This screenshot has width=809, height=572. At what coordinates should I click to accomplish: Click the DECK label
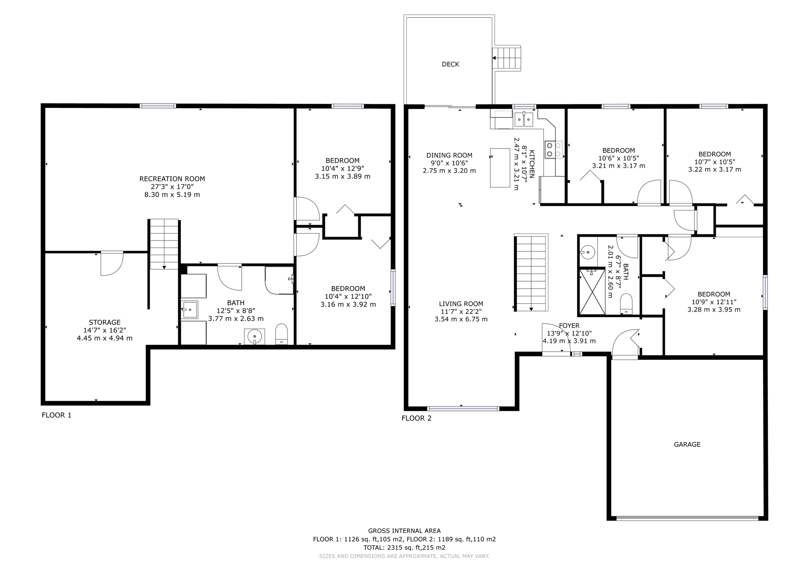[450, 64]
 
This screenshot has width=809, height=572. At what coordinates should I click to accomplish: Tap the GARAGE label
[687, 444]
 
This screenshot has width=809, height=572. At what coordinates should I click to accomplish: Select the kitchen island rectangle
[500, 167]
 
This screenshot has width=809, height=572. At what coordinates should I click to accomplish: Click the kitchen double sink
[524, 119]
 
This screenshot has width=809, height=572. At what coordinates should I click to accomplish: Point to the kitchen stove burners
[553, 150]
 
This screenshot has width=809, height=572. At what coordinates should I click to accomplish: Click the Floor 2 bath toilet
[626, 303]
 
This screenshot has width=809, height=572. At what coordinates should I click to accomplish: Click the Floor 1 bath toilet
[281, 334]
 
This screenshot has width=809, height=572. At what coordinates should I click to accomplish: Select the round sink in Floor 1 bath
[254, 337]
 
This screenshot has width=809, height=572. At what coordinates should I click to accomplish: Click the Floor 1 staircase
[164, 244]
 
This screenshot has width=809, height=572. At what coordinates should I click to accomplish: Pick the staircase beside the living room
[531, 273]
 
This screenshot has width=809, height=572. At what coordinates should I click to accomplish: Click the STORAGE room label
[105, 322]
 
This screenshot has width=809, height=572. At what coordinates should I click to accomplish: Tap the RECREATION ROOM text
[172, 179]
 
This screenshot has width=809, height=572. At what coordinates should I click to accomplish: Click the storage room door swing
[111, 263]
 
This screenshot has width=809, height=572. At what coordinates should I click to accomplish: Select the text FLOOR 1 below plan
[56, 415]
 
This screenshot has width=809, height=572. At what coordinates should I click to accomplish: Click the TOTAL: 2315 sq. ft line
[404, 548]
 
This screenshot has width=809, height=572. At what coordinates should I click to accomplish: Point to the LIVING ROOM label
[461, 304]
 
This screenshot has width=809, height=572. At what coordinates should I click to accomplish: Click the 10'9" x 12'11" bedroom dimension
[714, 302]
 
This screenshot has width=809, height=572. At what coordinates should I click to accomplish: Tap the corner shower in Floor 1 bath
[279, 280]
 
